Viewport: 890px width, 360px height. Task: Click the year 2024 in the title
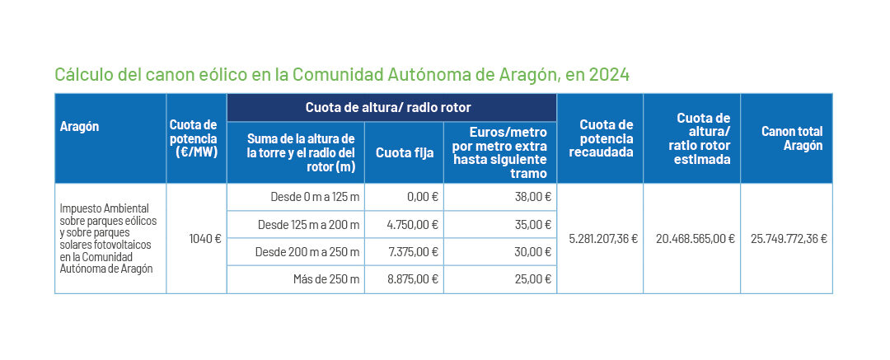610,75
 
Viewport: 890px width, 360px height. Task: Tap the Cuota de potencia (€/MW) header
196,138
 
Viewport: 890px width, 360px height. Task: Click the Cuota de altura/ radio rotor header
388,108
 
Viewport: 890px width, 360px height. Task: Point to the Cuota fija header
403,152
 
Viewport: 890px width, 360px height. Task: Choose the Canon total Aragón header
792,138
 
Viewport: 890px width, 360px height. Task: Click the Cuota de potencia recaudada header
600,138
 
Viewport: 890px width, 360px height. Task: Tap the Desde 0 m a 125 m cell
315,198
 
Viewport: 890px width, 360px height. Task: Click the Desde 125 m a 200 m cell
308,225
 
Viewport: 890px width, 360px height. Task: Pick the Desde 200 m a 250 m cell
308,252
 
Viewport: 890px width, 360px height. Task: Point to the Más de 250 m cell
326,279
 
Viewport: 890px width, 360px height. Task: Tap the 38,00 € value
532,198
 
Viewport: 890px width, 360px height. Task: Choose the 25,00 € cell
532,279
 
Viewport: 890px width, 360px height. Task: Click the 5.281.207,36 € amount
603,239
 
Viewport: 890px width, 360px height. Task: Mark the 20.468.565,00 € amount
695,239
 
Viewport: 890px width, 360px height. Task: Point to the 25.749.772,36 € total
789,239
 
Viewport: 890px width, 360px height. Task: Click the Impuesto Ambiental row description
108,239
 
